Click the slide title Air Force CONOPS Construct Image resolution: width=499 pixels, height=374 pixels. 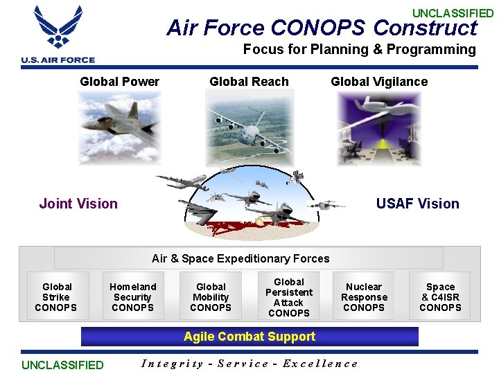coord(322,28)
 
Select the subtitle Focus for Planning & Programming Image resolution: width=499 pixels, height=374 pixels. coord(359,49)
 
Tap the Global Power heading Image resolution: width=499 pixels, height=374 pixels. coord(119,82)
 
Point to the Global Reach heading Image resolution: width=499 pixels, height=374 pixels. coord(249,82)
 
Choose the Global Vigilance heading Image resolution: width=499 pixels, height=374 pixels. coord(379,82)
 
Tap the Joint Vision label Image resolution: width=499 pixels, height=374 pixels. coord(78,204)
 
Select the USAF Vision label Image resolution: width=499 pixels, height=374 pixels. coord(417,204)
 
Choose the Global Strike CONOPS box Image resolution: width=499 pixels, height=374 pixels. coord(56,297)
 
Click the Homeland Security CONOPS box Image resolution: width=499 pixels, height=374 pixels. coord(132,297)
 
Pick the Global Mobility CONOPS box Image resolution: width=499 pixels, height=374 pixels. coord(211,297)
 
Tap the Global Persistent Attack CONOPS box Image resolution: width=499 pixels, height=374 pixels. coord(289,297)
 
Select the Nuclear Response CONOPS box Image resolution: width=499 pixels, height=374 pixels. coord(364,297)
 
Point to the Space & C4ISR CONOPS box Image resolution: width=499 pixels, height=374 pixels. coord(440,297)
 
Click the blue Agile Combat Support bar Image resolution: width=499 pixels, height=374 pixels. coord(249,337)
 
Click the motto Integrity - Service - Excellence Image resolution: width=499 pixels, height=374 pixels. coord(249,364)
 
